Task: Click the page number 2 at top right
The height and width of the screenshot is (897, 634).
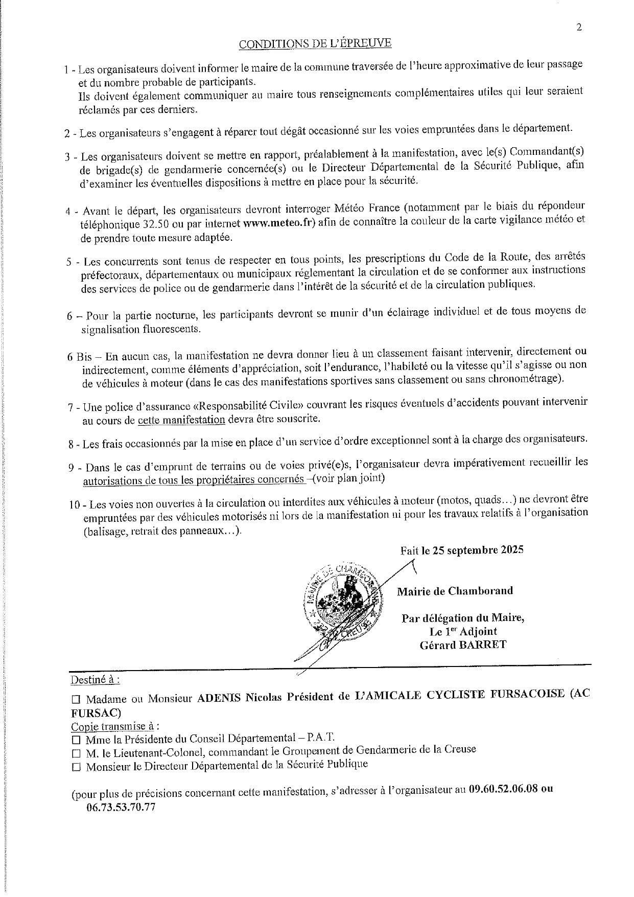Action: pos(579,28)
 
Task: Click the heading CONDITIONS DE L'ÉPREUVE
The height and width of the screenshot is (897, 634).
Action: pos(315,43)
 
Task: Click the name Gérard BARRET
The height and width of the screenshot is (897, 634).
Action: pos(463,645)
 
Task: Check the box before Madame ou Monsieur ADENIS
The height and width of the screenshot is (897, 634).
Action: pos(77,699)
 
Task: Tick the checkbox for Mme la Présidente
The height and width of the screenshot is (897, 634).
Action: pos(77,739)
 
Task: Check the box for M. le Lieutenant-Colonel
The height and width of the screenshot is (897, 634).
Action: pos(77,753)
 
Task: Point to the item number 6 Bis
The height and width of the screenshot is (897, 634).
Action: pos(79,357)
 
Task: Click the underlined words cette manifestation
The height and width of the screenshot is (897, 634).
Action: pos(181,420)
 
